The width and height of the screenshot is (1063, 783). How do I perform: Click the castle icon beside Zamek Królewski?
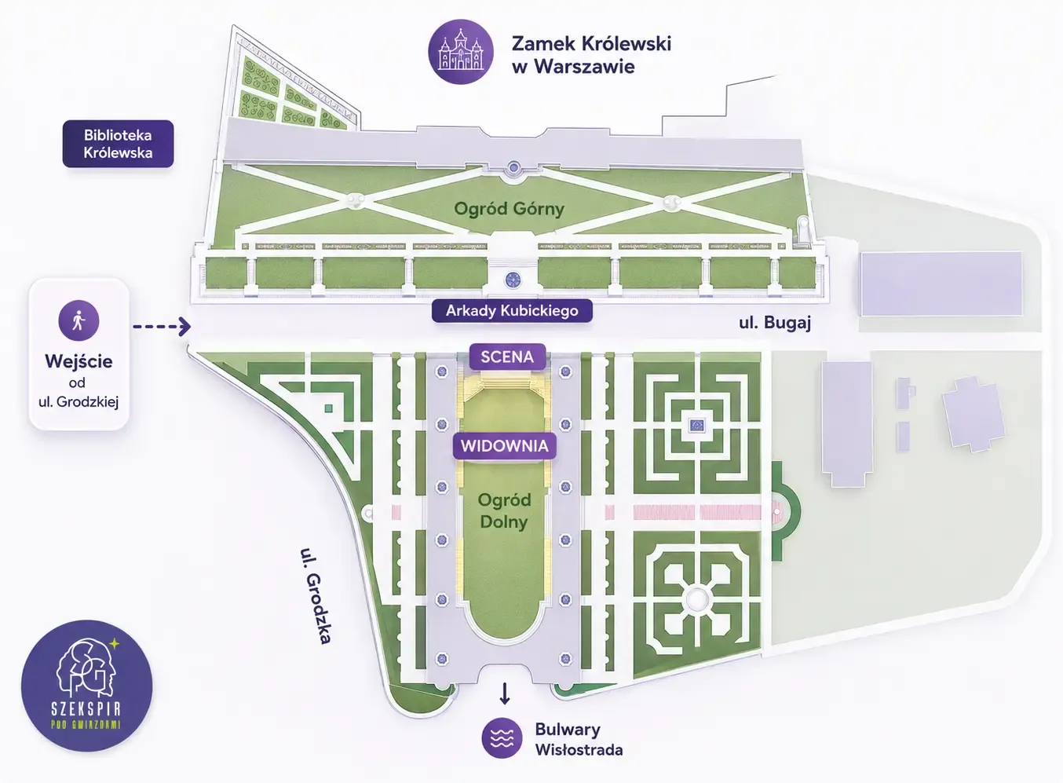(460, 52)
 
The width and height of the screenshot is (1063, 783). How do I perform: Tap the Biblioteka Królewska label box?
(119, 144)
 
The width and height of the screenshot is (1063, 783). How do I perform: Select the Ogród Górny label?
(510, 209)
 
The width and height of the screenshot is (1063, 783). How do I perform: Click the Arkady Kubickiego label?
(512, 311)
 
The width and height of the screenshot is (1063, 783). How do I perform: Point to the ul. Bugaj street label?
(775, 323)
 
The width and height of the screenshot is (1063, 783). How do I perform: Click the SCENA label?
(507, 357)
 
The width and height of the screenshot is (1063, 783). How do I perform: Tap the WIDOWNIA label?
(505, 446)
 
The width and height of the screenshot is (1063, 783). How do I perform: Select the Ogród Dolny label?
(504, 511)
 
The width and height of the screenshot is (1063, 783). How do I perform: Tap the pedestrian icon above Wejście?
(79, 320)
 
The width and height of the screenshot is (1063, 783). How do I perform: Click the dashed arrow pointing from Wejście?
(162, 327)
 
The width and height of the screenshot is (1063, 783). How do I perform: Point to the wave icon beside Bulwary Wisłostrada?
(502, 738)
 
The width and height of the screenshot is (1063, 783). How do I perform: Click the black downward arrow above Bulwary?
(505, 693)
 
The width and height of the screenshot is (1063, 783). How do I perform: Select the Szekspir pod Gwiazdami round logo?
(87, 686)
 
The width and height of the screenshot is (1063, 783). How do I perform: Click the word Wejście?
(79, 361)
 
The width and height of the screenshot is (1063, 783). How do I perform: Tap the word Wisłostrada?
(579, 750)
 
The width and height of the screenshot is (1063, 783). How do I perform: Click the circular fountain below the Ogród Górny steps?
(513, 280)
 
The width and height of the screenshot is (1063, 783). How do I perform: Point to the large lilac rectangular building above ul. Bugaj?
(941, 284)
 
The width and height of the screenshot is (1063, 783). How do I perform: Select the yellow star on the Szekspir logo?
(115, 644)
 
